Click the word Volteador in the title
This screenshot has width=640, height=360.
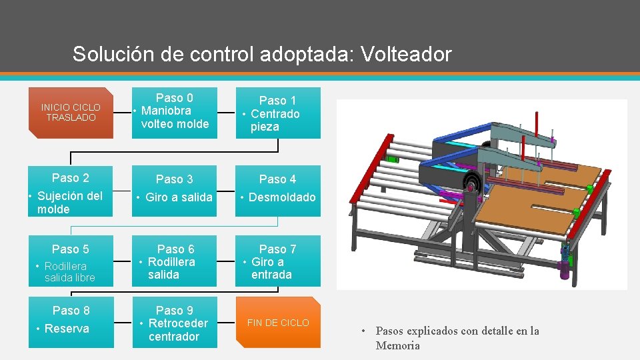(x=406, y=54)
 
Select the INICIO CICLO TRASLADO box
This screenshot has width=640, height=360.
(x=71, y=112)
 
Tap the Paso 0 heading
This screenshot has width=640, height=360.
(x=175, y=98)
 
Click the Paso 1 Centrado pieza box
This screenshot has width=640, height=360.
(x=278, y=113)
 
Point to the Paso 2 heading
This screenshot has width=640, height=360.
(x=71, y=178)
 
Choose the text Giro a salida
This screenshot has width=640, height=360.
(x=178, y=197)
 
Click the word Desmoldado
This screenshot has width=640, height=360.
(x=282, y=197)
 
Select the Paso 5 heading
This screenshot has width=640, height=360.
(x=71, y=249)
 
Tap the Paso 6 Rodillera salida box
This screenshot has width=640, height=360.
(x=175, y=261)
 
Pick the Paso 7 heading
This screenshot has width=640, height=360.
(x=278, y=249)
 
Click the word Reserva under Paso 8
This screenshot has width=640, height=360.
(x=67, y=329)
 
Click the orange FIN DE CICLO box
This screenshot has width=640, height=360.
(x=278, y=323)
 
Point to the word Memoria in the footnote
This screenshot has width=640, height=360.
(x=398, y=345)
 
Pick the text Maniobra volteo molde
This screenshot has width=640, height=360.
(x=175, y=117)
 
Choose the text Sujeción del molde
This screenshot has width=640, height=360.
(x=70, y=203)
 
